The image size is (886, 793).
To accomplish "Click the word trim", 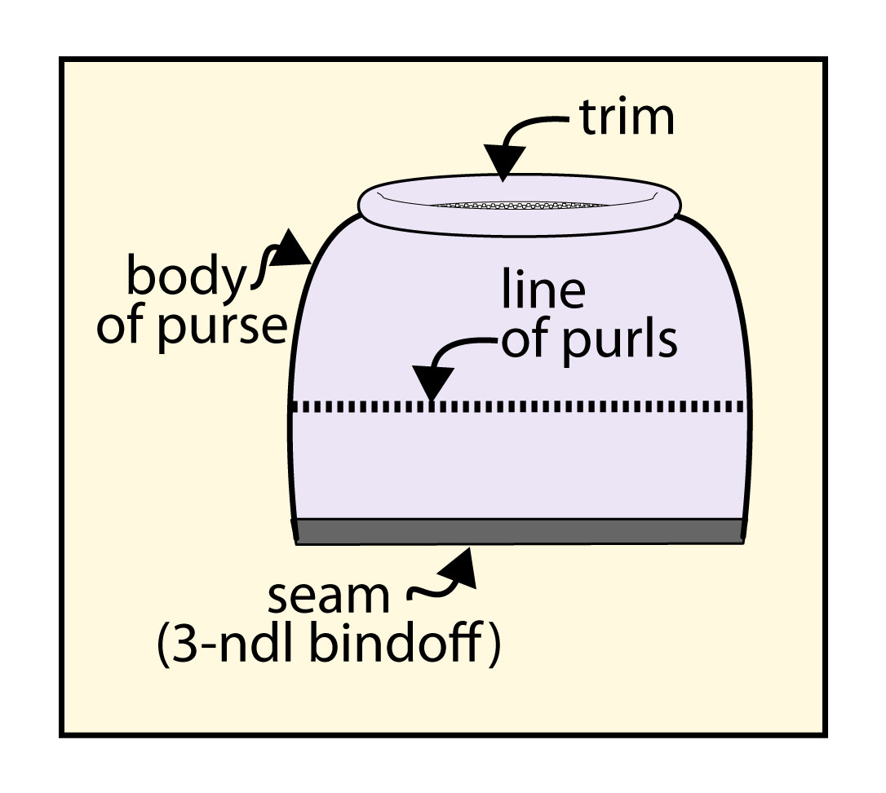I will [627, 118].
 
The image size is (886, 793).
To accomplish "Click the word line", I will [544, 291].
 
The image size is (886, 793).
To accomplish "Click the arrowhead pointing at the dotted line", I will [432, 383].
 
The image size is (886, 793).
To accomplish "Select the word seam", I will [328, 598].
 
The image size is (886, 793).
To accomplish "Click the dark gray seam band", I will [519, 531].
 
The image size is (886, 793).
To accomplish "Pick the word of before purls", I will [523, 339].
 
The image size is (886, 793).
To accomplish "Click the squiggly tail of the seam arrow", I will [424, 595].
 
